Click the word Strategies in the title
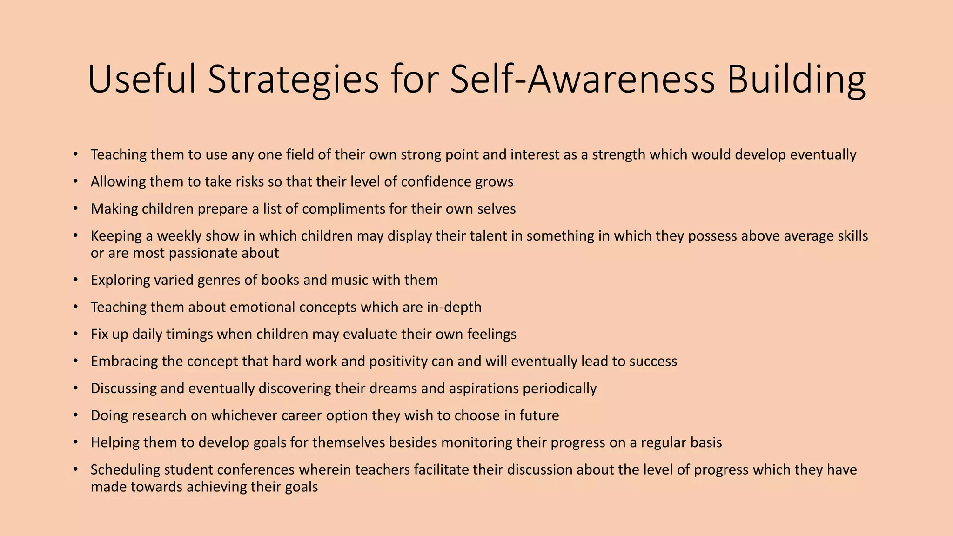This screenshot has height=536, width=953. pos(293,79)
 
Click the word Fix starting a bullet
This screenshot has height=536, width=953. pos(100,334)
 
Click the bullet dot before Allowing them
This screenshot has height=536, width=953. pos(75,181)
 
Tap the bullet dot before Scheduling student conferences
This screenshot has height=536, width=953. pos(75,469)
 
